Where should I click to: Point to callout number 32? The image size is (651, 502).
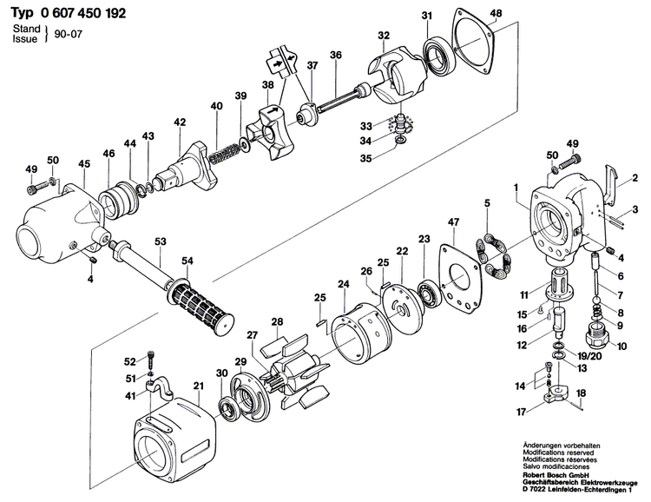click(383, 36)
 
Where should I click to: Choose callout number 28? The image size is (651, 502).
click(277, 323)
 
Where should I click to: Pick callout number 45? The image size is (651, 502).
click(84, 163)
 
